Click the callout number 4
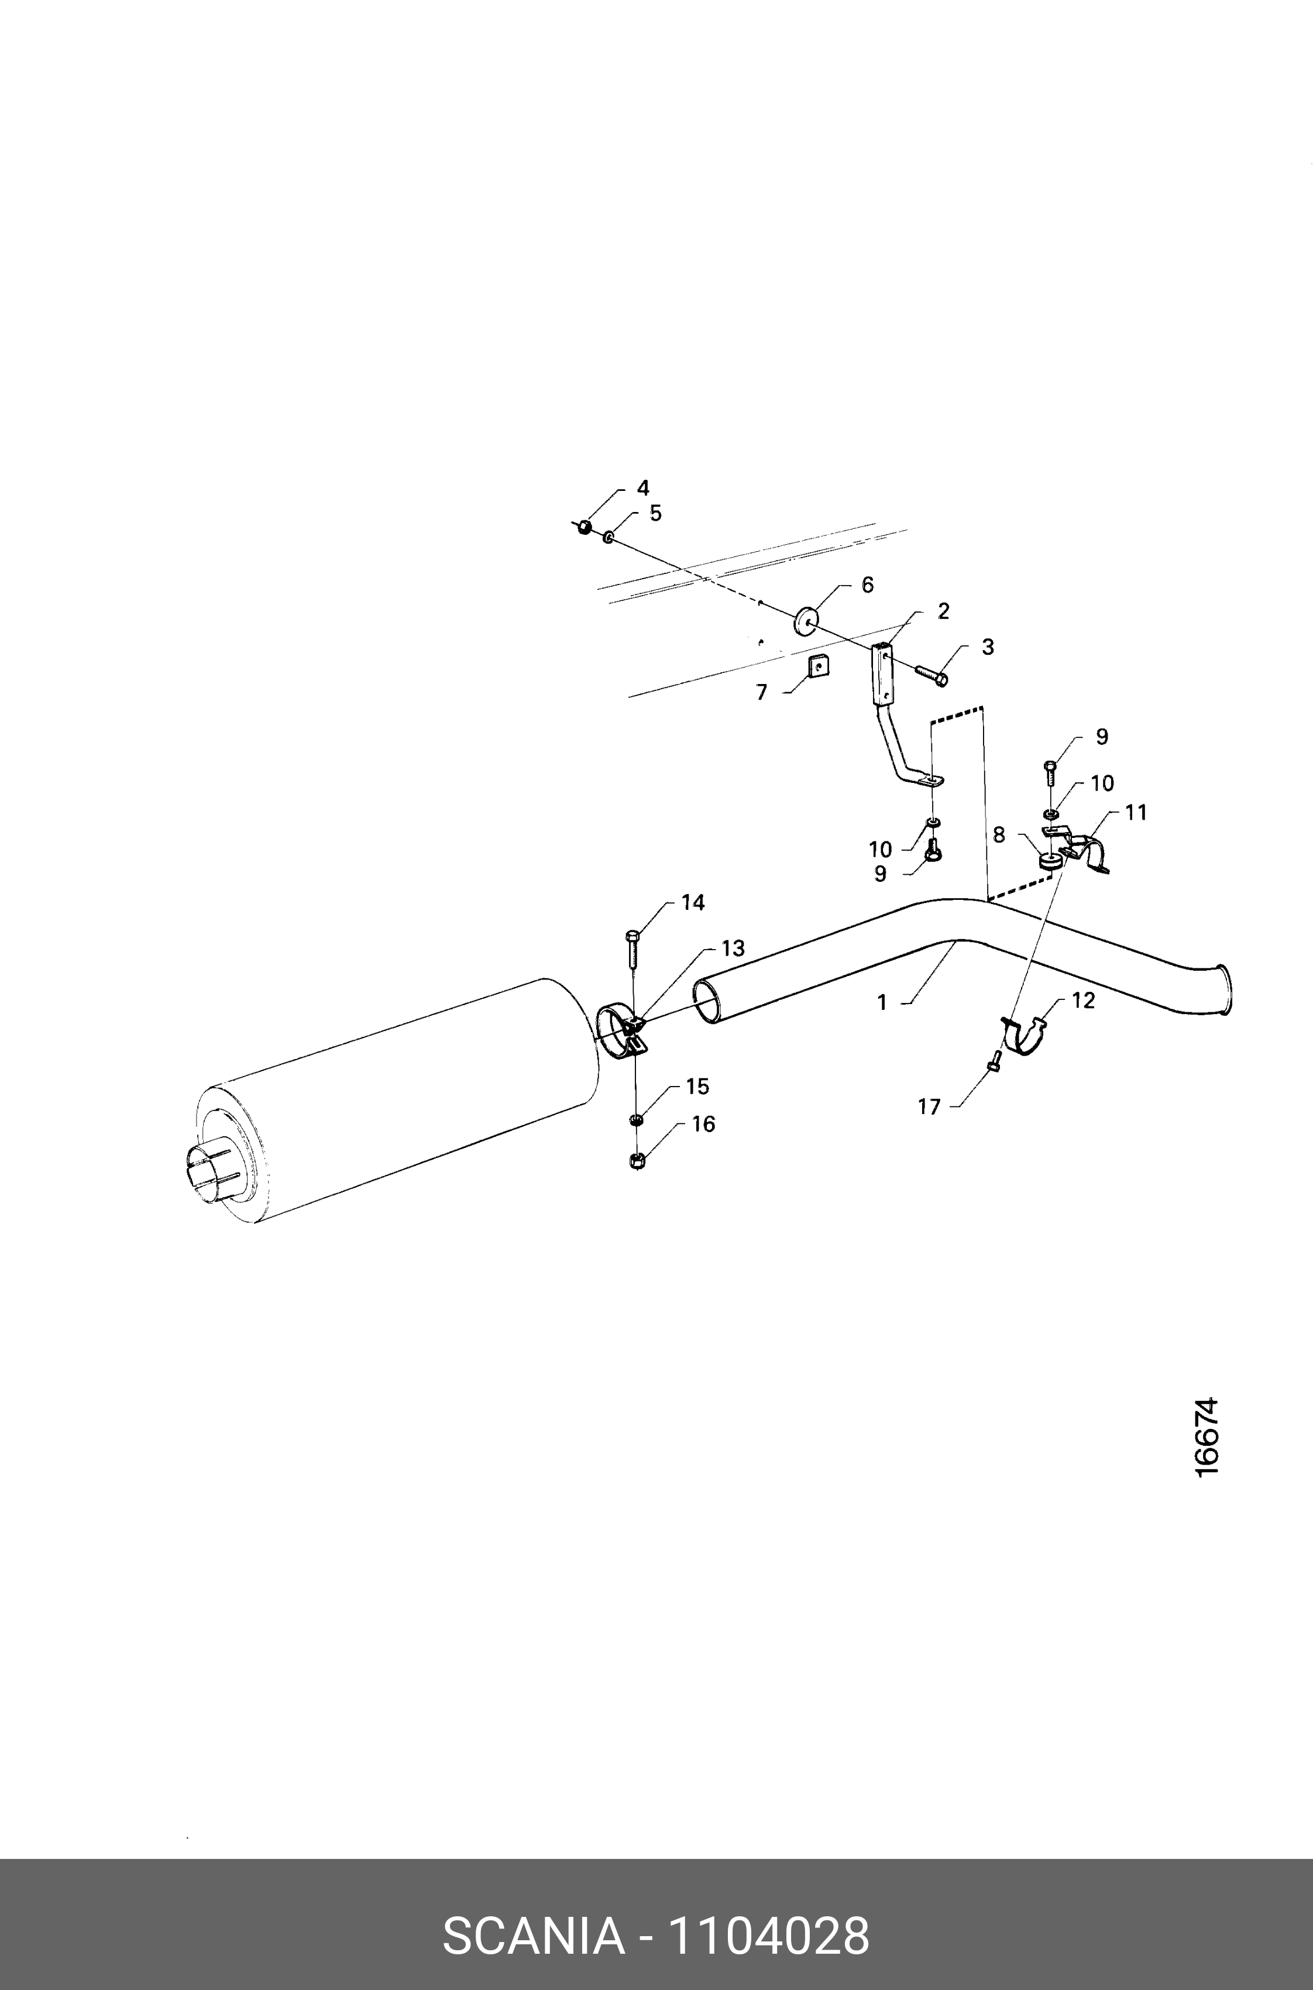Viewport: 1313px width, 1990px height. tap(642, 487)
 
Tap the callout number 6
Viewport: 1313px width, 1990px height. tap(868, 585)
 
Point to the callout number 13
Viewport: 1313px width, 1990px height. tap(733, 948)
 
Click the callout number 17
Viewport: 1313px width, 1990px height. tap(930, 1107)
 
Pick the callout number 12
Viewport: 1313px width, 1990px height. tap(1082, 1001)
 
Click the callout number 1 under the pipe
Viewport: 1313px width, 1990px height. tap(882, 1002)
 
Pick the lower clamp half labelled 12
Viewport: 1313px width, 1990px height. tap(1026, 1037)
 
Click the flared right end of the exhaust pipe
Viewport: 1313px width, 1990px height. tap(1223, 991)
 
